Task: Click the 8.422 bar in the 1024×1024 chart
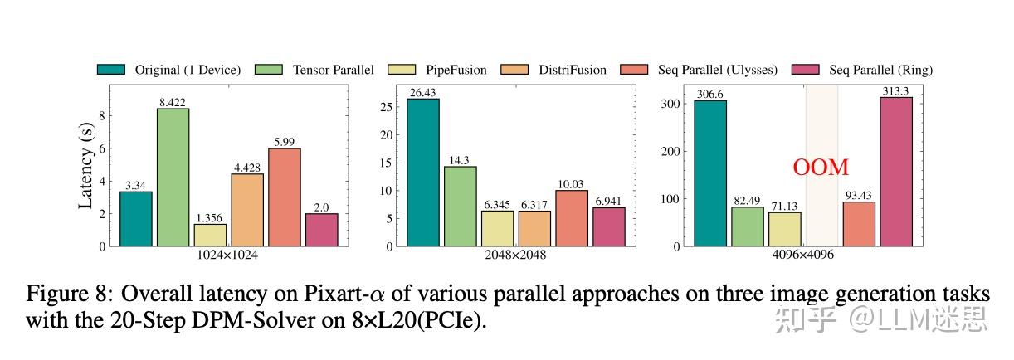tap(173, 178)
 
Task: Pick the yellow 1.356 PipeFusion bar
tap(210, 235)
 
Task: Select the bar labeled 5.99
tap(285, 197)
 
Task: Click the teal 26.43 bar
tap(422, 173)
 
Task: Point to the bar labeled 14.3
tap(460, 207)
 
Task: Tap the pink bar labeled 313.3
tap(896, 172)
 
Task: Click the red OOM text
tap(821, 168)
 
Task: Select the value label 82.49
tap(747, 201)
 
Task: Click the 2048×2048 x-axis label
tap(514, 255)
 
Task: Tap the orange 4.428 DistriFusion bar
tap(247, 210)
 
